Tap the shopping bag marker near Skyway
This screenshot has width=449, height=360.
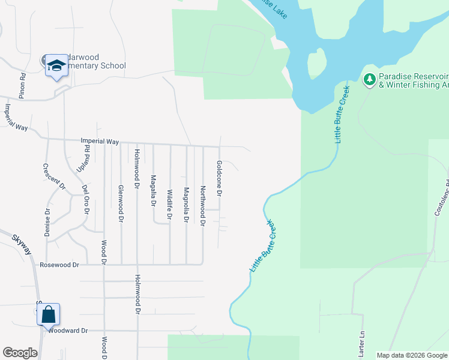point(49,314)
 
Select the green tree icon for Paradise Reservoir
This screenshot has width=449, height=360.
point(370,79)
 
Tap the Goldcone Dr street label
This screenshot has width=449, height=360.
point(220,179)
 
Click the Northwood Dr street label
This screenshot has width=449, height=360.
point(203,206)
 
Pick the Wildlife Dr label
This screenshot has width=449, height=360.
point(170,205)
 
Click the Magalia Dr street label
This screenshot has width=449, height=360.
point(154,190)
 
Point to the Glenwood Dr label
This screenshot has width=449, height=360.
point(121,204)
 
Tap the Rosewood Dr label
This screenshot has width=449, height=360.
point(60,265)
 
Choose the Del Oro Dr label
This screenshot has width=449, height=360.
point(86,200)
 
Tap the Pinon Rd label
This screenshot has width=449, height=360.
point(22,85)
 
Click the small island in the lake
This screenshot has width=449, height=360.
point(316,63)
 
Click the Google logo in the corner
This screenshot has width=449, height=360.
point(20,353)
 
